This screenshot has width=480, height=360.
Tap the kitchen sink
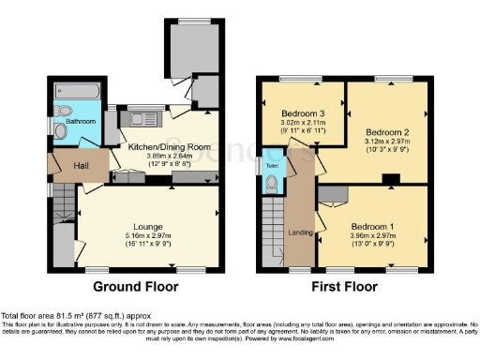click(x=140, y=118)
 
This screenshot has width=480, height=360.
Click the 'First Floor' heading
click(x=344, y=286)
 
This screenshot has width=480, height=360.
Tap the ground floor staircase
click(x=63, y=202)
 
